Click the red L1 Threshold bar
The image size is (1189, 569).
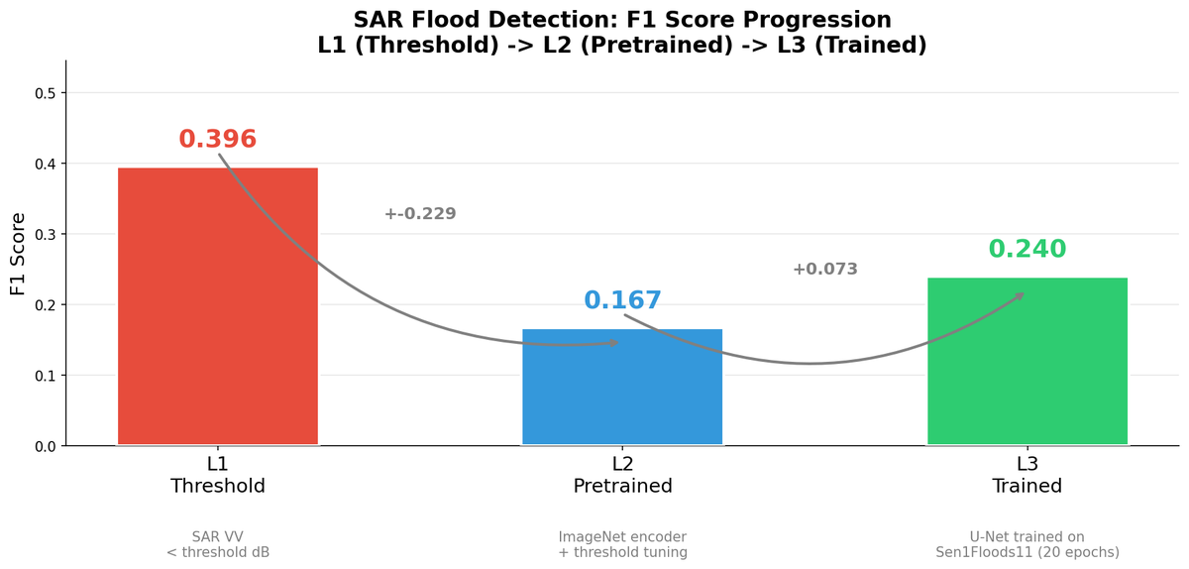218,306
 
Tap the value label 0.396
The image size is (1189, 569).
218,140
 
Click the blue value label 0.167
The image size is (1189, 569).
622,300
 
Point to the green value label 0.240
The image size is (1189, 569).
1027,250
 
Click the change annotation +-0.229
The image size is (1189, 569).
420,214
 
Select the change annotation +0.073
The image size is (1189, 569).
825,270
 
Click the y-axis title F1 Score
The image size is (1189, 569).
18,254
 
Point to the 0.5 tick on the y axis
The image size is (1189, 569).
46,93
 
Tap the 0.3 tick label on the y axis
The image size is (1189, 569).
46,235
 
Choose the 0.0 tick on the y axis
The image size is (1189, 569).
46,446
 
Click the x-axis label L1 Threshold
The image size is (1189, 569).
218,475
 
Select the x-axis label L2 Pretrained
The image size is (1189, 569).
622,475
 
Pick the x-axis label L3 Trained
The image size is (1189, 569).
1027,475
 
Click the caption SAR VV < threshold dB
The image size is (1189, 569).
218,544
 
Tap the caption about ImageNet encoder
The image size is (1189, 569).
622,544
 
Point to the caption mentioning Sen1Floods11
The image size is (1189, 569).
1027,544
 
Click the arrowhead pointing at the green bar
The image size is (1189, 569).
1020,294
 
